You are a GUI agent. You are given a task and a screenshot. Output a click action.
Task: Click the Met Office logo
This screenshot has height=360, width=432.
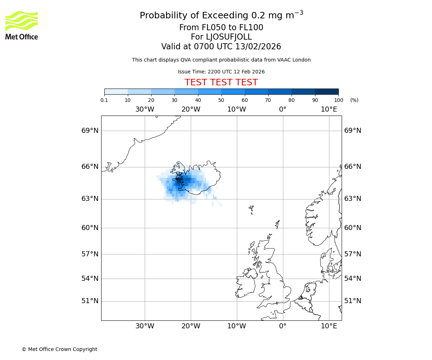(22, 25)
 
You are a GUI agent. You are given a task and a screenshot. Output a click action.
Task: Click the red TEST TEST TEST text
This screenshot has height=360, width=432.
(221, 82)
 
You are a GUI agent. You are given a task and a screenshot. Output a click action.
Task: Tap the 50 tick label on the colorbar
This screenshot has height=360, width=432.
(221, 100)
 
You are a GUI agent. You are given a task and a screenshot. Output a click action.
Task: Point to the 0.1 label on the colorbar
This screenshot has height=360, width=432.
(104, 100)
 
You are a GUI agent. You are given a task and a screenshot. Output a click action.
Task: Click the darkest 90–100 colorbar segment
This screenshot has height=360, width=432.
(327, 91)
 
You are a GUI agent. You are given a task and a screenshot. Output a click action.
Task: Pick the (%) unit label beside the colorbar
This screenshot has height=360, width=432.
(354, 100)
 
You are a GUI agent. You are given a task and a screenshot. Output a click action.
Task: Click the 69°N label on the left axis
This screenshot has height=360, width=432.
(90, 131)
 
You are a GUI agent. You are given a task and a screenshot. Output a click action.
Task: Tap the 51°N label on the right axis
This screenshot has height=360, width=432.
(353, 301)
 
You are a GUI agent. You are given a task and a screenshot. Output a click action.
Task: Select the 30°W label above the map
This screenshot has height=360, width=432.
(145, 109)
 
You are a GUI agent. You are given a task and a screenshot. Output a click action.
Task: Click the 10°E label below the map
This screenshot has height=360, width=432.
(329, 326)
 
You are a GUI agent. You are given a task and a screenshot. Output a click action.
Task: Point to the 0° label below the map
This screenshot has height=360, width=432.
(283, 326)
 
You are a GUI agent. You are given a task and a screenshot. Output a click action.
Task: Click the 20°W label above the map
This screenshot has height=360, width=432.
(191, 109)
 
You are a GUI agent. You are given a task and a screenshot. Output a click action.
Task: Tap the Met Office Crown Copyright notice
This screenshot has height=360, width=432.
(59, 349)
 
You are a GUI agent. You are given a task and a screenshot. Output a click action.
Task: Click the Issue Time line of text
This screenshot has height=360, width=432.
(221, 72)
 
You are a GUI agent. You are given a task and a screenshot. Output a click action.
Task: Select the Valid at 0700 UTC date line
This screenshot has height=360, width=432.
(221, 46)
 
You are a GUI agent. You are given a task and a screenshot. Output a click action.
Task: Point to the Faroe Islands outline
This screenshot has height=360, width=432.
(251, 208)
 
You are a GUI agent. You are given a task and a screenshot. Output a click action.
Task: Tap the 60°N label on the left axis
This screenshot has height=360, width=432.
(90, 228)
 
